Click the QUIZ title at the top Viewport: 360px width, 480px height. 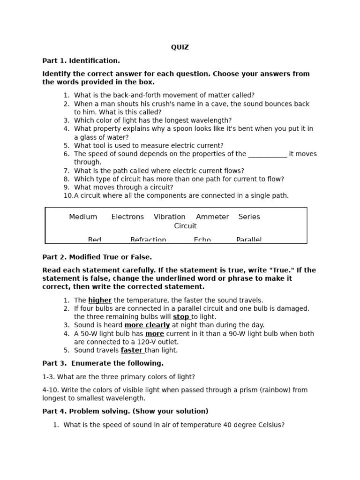click(x=180, y=47)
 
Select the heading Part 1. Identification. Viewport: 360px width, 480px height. click(x=81, y=60)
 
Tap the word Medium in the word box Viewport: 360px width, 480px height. click(x=83, y=217)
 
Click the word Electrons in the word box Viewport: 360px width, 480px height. click(x=127, y=217)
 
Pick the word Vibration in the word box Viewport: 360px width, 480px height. click(x=169, y=217)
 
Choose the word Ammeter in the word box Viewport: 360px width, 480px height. click(x=212, y=217)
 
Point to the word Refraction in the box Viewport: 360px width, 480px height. click(x=148, y=240)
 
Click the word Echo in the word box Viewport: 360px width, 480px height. click(x=202, y=240)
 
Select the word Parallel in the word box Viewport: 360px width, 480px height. click(x=249, y=240)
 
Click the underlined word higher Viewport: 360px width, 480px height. click(x=100, y=300)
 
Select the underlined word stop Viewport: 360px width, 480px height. click(x=181, y=317)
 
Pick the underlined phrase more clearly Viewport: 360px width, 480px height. click(x=147, y=325)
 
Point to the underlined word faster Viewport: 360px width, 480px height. click(x=132, y=350)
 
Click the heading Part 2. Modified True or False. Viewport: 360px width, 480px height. click(x=97, y=257)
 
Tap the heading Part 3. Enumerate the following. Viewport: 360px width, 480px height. click(x=103, y=363)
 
